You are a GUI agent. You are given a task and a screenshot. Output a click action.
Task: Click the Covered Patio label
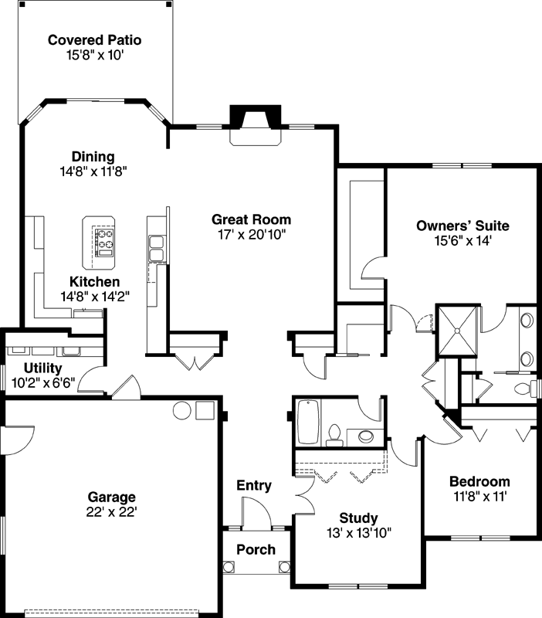(94, 39)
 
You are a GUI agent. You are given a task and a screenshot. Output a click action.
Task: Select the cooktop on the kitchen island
(104, 241)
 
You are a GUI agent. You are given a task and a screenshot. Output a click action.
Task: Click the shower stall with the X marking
(458, 331)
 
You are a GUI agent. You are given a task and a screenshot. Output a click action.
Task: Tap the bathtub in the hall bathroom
(308, 422)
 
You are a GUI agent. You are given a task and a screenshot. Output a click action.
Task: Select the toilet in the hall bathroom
(334, 434)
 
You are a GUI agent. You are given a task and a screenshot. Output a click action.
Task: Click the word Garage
(111, 497)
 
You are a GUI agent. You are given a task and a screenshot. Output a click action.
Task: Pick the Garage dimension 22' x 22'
(111, 511)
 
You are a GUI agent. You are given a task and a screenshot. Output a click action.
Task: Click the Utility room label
(42, 368)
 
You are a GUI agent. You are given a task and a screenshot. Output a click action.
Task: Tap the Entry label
(253, 486)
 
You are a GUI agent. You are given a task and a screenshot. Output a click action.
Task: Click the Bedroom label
(479, 482)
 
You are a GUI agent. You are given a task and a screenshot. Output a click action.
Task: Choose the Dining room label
(93, 157)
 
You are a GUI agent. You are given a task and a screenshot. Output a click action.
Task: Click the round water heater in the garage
(181, 410)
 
